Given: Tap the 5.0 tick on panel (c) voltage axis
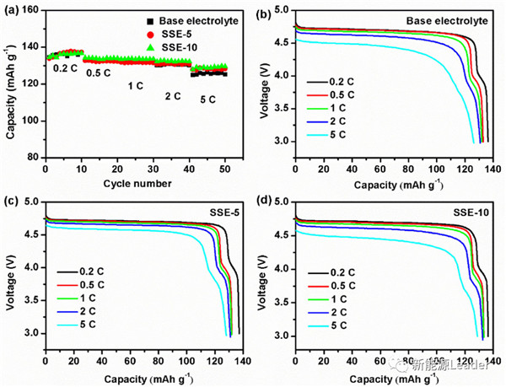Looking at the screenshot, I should pos(31,202).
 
